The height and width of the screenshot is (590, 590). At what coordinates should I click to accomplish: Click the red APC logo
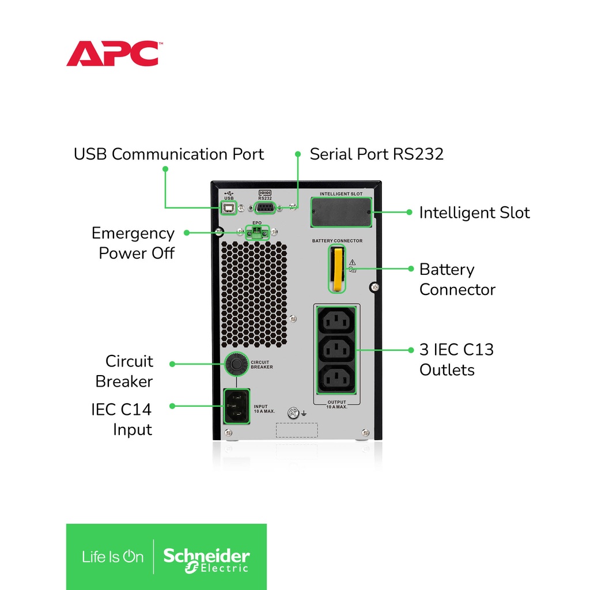click(x=113, y=54)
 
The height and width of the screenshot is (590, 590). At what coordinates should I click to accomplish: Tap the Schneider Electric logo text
click(x=206, y=560)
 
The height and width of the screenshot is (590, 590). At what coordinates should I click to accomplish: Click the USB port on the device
click(x=228, y=207)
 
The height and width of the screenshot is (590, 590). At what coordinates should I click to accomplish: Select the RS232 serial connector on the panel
click(x=265, y=207)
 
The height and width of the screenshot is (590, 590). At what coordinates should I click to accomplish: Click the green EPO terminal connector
click(x=257, y=233)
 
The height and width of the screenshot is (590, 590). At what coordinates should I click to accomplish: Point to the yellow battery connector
click(x=338, y=268)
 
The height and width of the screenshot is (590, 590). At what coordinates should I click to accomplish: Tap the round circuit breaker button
click(x=236, y=364)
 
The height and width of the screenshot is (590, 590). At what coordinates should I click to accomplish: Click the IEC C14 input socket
click(x=237, y=406)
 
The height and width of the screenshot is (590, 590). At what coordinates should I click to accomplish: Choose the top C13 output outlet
click(x=336, y=320)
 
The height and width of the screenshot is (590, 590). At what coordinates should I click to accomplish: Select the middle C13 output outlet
click(x=336, y=350)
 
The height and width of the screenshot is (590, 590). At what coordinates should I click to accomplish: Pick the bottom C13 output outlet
click(x=336, y=379)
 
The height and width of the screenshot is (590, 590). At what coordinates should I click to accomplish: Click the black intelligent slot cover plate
click(x=341, y=212)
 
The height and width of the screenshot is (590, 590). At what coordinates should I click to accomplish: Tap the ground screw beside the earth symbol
click(x=293, y=413)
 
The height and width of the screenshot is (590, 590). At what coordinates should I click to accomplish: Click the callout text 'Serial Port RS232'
click(x=376, y=154)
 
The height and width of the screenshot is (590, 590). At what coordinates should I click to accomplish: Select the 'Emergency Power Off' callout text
click(x=133, y=243)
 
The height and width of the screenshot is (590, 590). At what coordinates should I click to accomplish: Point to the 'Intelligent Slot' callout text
click(x=475, y=213)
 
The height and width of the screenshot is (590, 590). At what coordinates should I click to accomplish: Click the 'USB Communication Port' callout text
click(x=169, y=154)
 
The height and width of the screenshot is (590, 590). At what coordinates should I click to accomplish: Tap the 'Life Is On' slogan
click(x=113, y=557)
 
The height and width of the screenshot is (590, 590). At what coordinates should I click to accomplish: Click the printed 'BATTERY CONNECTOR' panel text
click(x=337, y=241)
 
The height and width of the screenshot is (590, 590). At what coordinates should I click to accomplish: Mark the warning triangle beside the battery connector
click(x=352, y=262)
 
